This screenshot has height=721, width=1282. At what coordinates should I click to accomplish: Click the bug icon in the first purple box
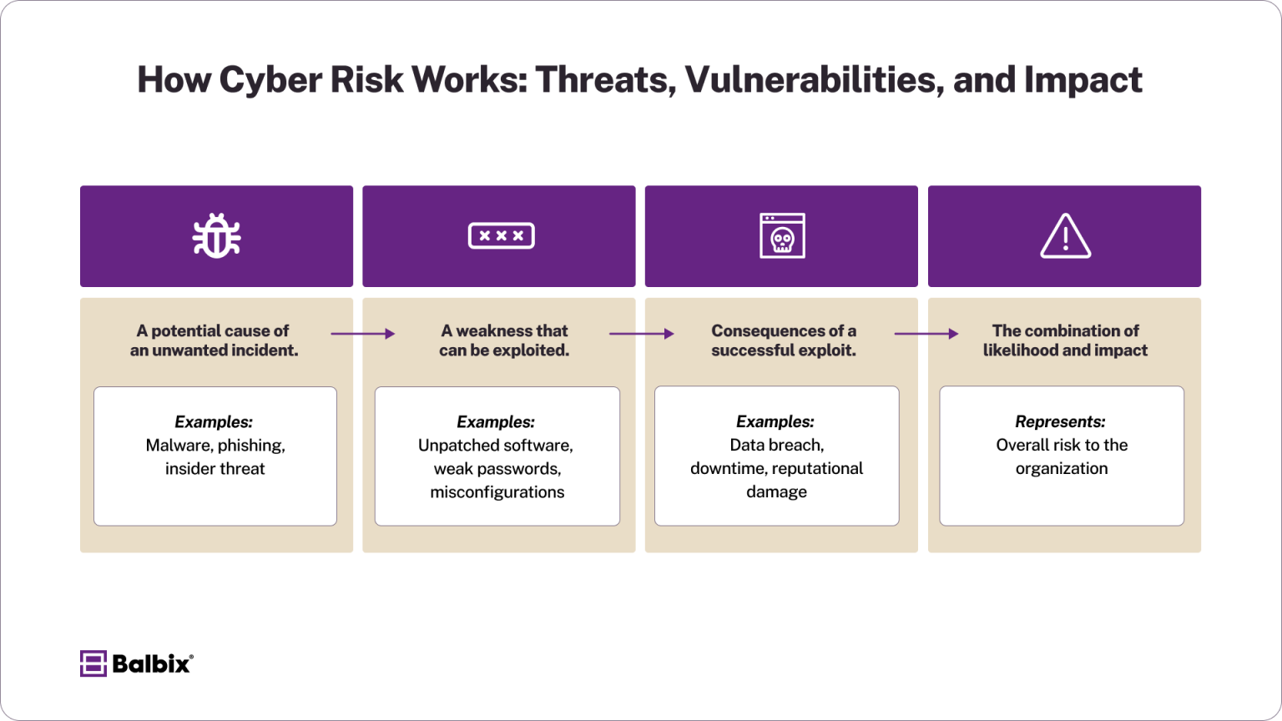tap(216, 236)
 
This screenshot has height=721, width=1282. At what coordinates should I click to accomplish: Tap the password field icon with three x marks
tap(501, 236)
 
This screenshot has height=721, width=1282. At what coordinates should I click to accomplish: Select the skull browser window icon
tap(782, 236)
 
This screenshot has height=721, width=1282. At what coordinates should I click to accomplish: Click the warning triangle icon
tap(1065, 236)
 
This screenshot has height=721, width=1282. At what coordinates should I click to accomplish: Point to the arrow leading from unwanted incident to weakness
tap(363, 334)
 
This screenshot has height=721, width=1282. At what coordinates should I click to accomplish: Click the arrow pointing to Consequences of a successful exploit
tap(641, 334)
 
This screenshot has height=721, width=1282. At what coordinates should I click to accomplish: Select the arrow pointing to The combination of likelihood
tap(926, 334)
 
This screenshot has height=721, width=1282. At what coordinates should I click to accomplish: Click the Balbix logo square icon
tap(93, 663)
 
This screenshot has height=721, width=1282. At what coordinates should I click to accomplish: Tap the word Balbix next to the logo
tap(151, 663)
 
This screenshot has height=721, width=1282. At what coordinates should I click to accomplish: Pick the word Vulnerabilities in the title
tap(814, 80)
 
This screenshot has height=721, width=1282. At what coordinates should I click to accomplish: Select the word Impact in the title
tap(1083, 80)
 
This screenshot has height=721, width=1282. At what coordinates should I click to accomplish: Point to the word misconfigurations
tap(497, 492)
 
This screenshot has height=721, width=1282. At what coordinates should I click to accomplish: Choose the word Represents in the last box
tap(1060, 422)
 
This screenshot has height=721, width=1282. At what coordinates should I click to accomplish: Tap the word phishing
tap(251, 446)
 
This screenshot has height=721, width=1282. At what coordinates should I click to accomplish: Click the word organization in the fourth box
tap(1062, 469)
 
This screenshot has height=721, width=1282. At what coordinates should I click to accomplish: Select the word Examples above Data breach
tap(775, 422)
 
